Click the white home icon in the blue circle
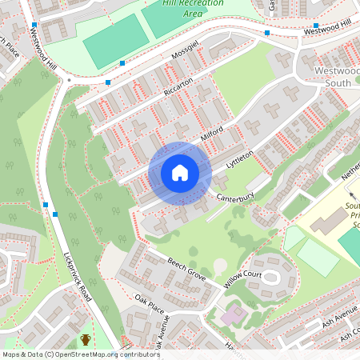click(x=180, y=173)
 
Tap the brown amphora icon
click(x=86, y=340)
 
